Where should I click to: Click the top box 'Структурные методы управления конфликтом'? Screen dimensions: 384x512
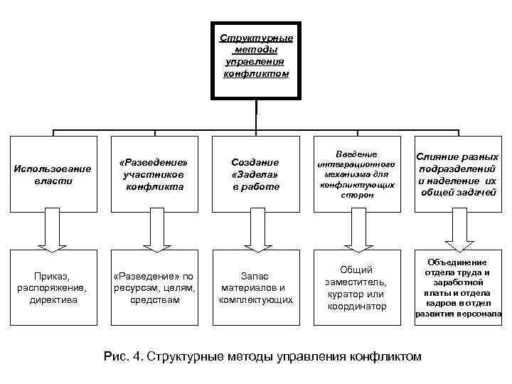coord(255,56)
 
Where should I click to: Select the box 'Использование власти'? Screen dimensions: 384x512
coord(53,174)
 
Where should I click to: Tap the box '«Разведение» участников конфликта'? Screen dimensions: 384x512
coord(154,174)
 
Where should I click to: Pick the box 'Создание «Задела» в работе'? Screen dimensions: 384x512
coord(255,174)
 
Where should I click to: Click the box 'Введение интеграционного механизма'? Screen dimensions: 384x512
coord(356,174)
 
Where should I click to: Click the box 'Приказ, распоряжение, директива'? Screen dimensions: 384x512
coord(53,286)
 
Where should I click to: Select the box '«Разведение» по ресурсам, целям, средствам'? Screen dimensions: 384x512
coord(154,286)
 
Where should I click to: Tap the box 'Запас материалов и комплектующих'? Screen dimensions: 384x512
coord(255,286)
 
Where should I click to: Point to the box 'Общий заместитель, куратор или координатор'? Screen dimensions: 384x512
coord(356,286)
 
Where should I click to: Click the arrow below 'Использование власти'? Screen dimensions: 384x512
coord(53,230)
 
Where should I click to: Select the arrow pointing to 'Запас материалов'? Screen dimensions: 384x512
coord(255,230)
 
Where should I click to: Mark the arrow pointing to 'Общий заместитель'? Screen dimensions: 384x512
coord(356,230)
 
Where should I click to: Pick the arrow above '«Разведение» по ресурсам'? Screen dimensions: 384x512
coord(154,230)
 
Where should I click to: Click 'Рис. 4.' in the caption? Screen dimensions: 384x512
coord(122,356)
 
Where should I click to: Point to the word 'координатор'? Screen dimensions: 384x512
coord(356,306)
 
